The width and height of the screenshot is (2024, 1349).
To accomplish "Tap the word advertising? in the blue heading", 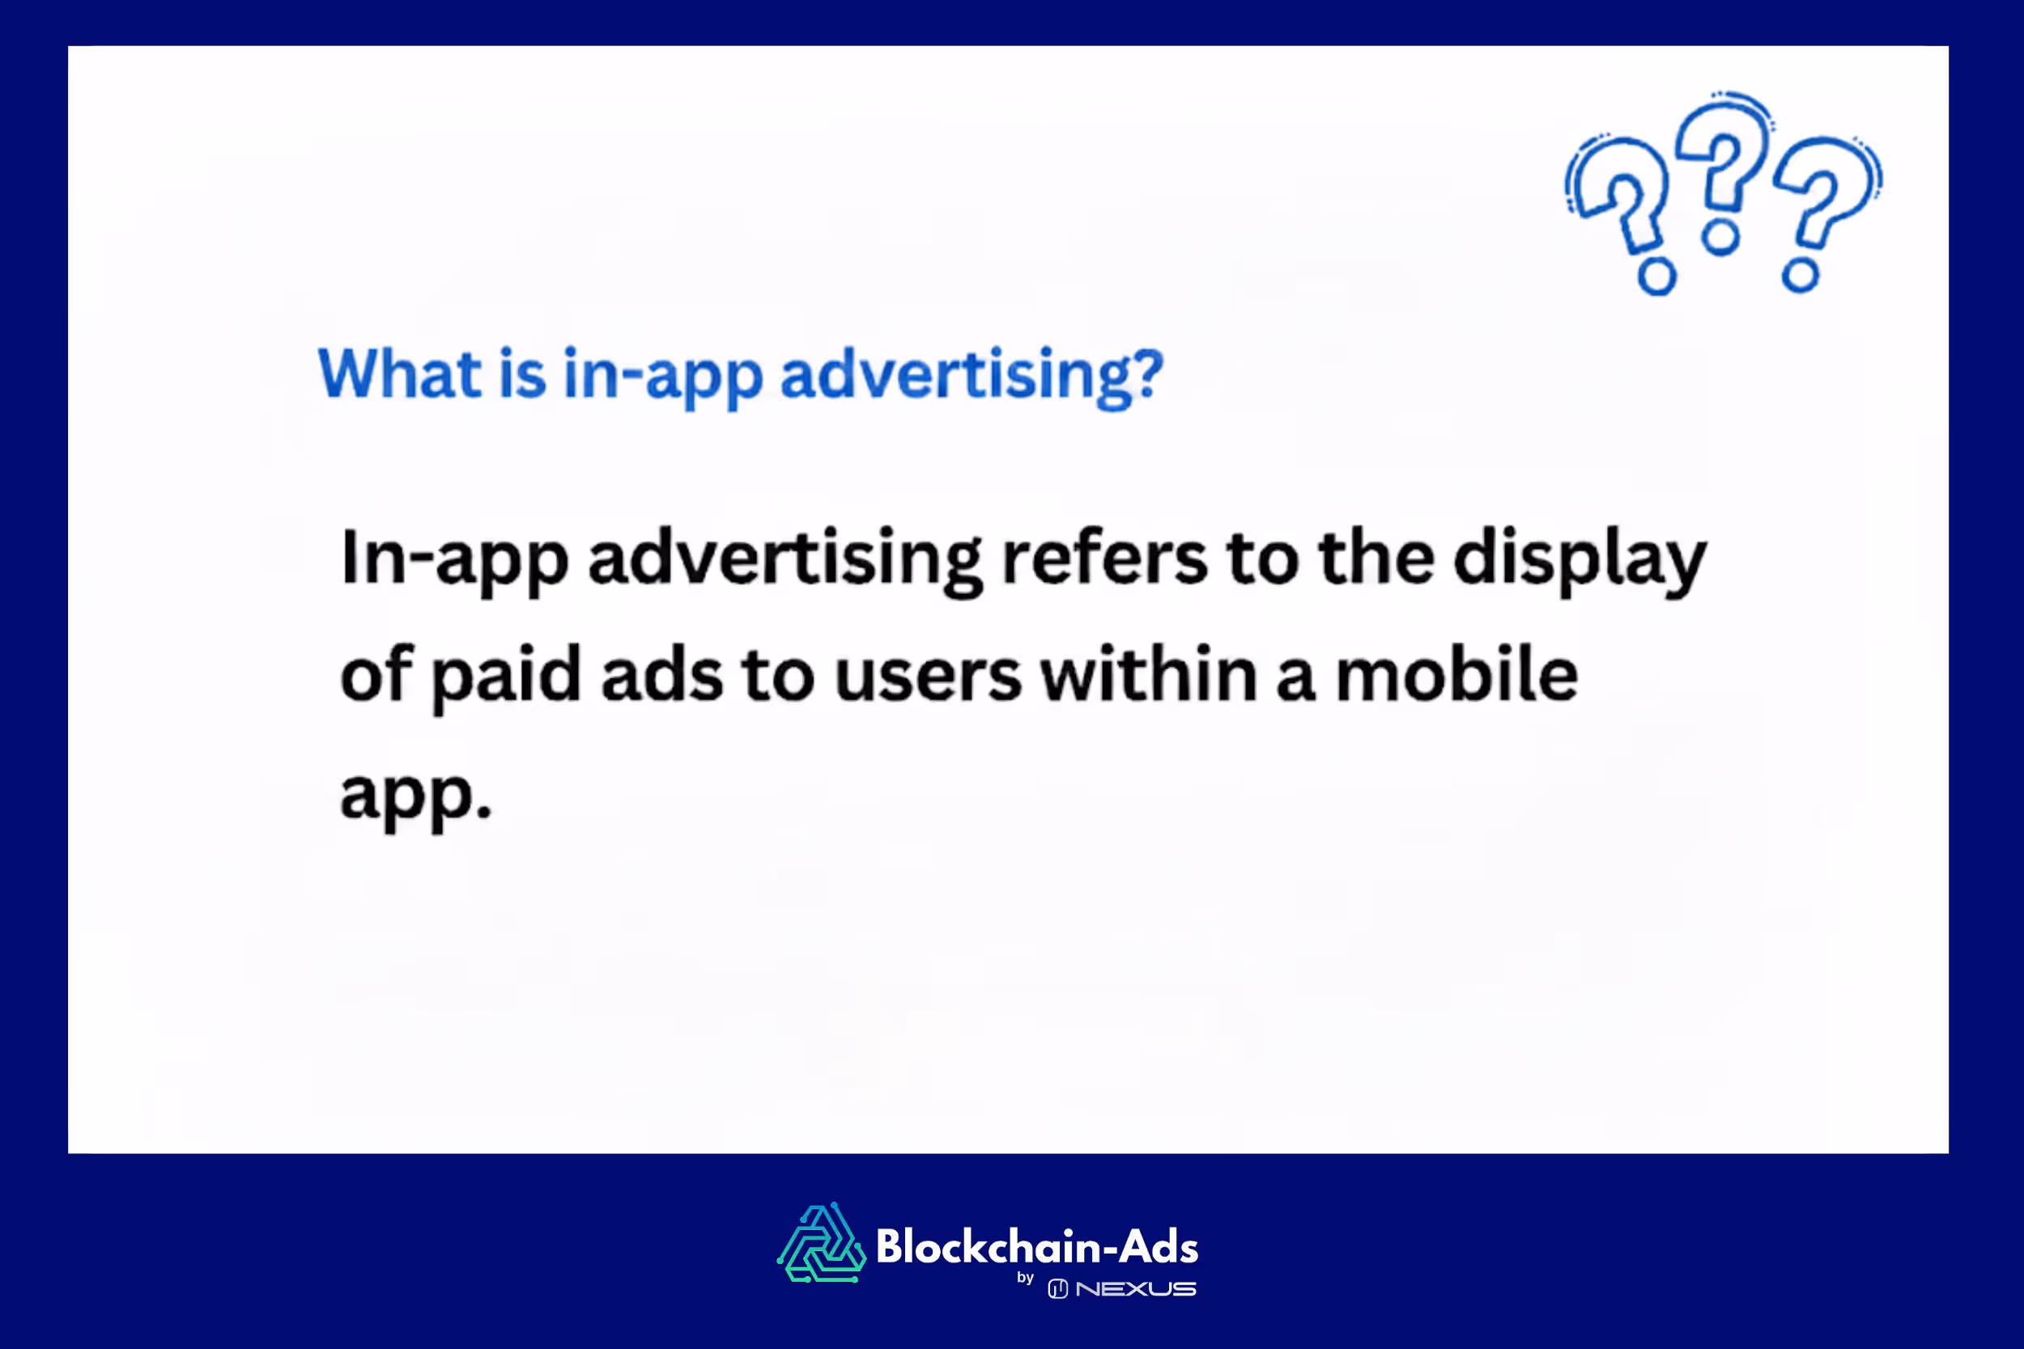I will [x=972, y=376].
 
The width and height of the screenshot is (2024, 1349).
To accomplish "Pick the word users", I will [x=928, y=676].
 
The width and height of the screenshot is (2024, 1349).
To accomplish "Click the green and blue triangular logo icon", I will [x=821, y=1243].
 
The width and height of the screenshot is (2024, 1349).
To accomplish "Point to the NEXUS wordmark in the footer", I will [x=1135, y=1289].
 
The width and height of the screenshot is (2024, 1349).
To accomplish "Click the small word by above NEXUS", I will [x=1025, y=1279].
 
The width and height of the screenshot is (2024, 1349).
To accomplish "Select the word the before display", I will [x=1376, y=558].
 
